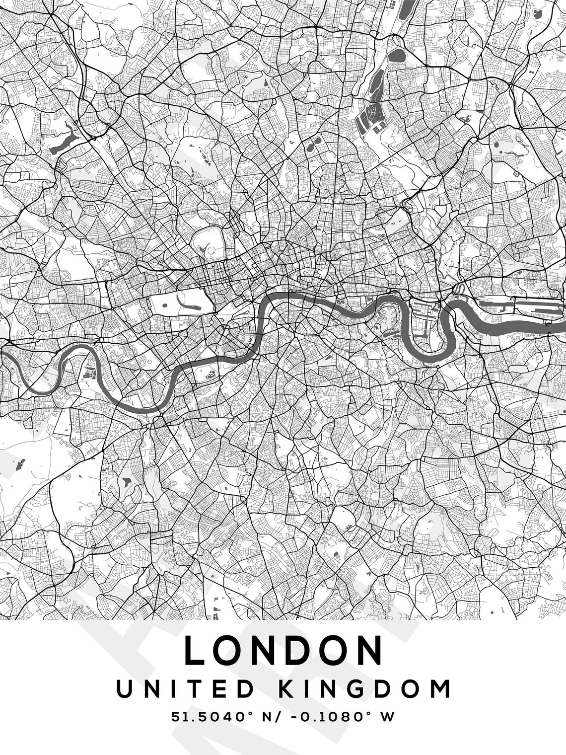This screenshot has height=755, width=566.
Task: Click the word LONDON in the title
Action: (283, 650)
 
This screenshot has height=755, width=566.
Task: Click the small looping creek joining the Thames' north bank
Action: (459, 289)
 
